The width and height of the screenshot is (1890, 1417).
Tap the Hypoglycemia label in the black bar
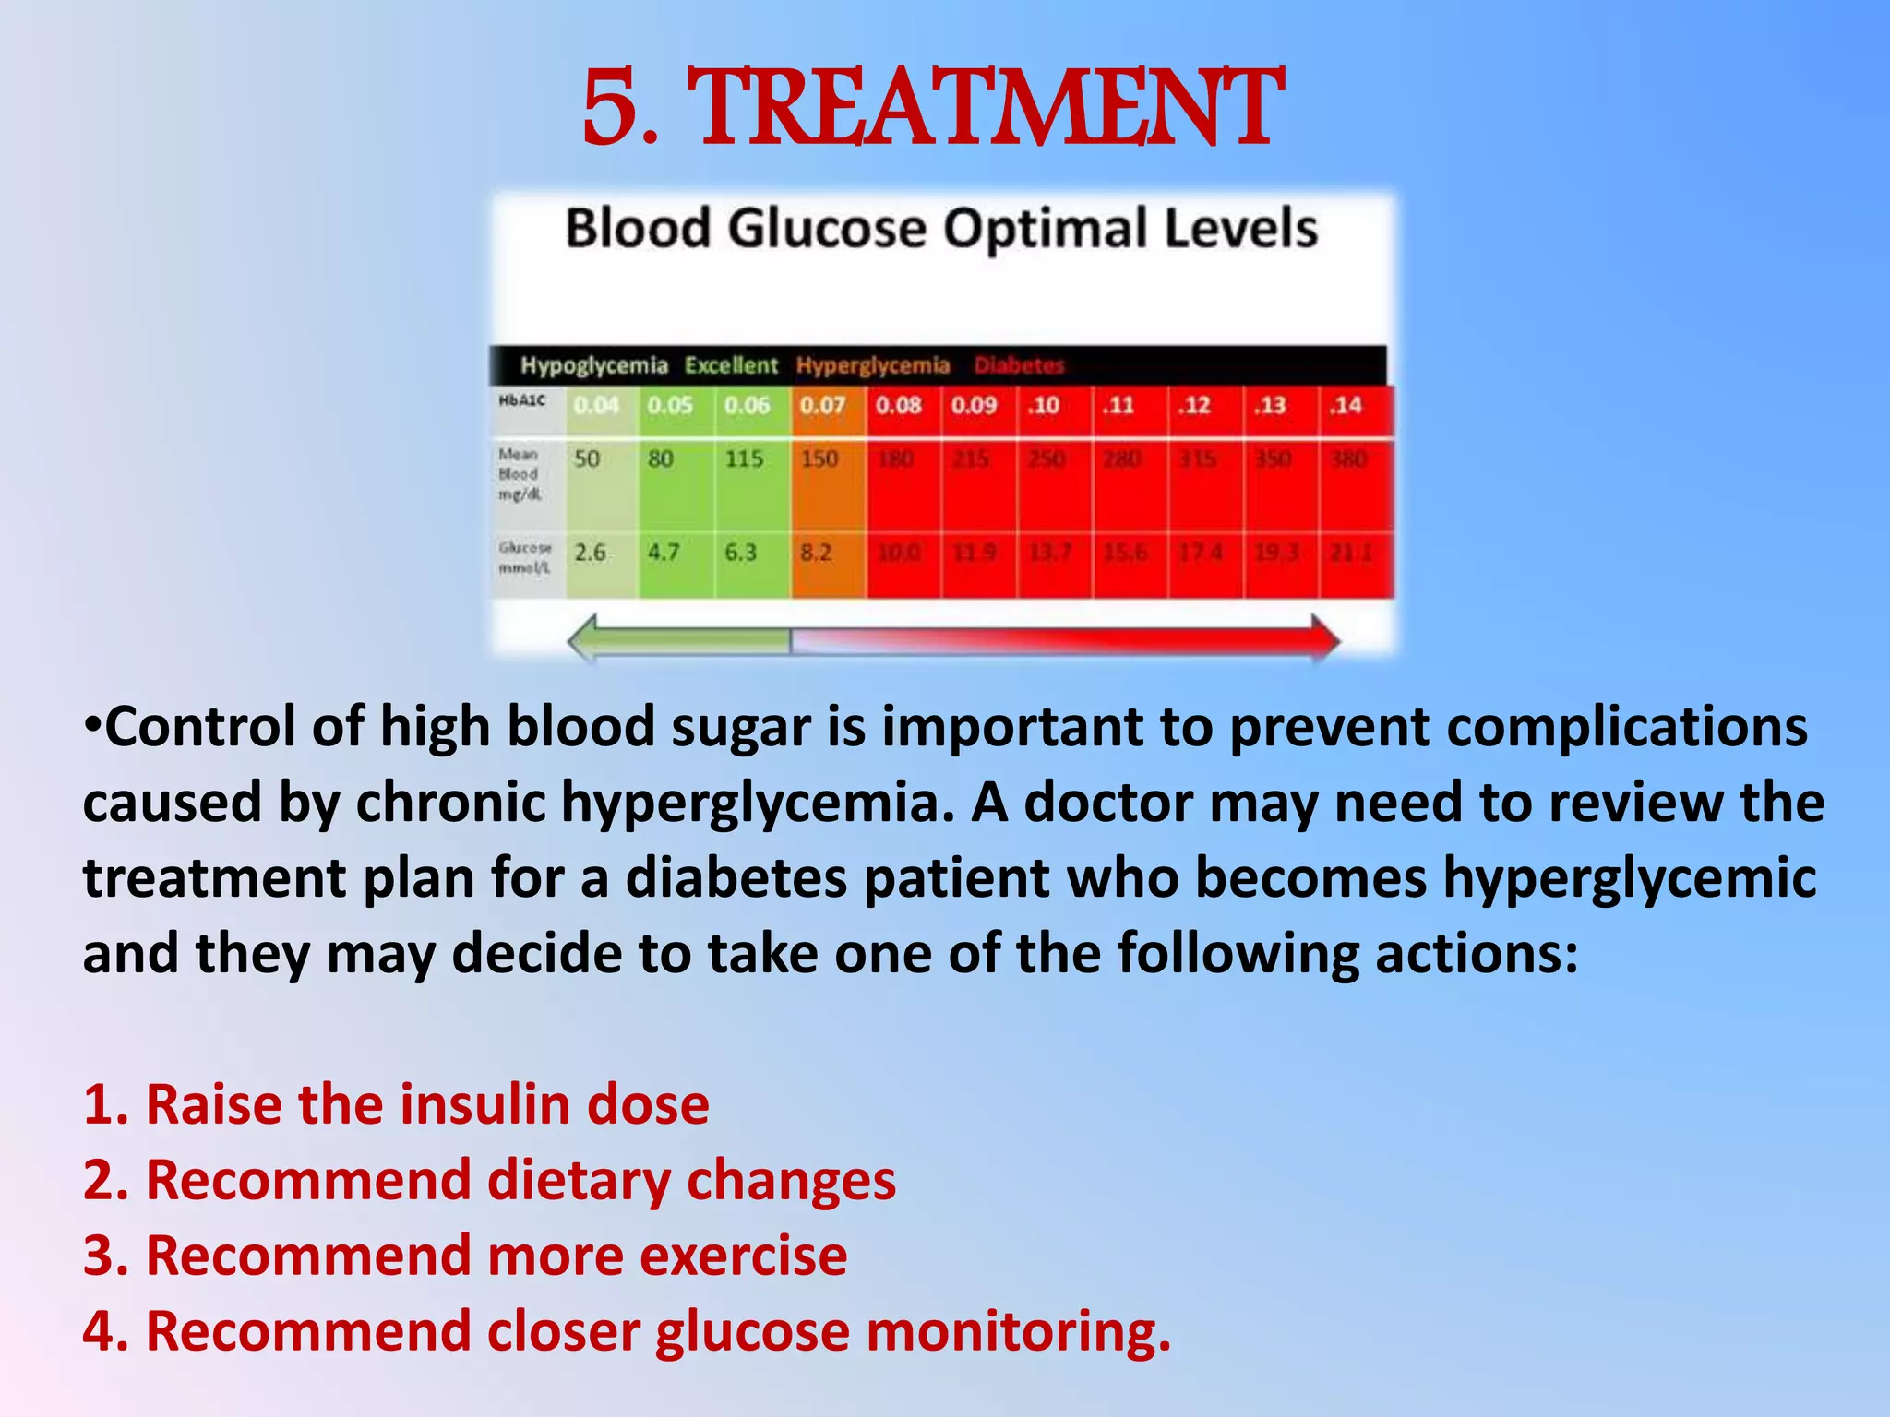click(x=593, y=365)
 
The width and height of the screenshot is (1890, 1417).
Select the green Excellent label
click(x=731, y=365)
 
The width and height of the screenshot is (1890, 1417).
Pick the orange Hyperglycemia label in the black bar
click(x=872, y=365)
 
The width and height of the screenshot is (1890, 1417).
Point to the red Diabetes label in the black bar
click(x=1019, y=365)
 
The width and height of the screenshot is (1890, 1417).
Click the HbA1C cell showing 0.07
click(x=821, y=405)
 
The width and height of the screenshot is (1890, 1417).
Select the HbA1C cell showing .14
click(x=1346, y=405)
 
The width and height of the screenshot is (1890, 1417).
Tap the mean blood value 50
click(x=587, y=458)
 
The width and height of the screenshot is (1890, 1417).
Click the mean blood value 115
click(x=743, y=458)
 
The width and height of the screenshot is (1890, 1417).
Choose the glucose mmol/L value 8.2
click(x=815, y=553)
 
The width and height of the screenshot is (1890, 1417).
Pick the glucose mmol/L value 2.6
click(x=590, y=553)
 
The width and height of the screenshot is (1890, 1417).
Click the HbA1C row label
click(x=522, y=400)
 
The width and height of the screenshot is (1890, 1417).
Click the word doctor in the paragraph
click(x=1108, y=803)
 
